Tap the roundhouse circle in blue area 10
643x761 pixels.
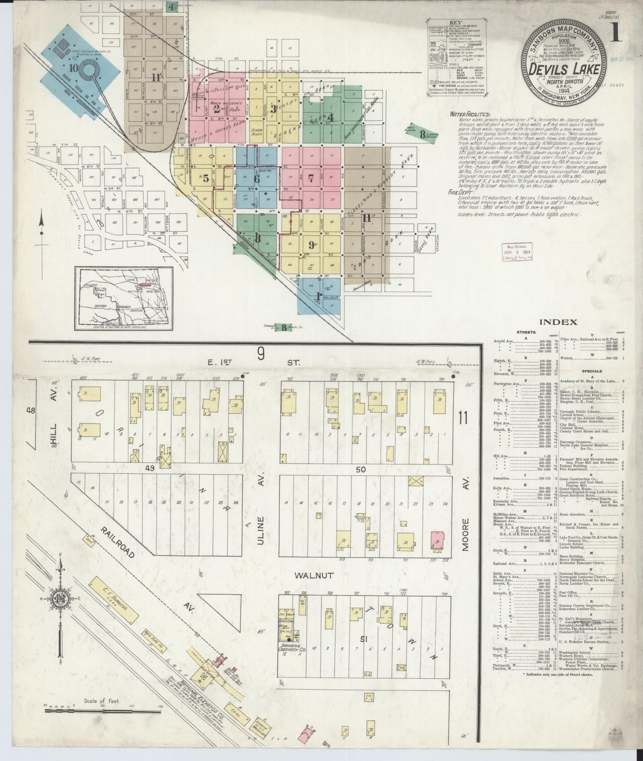[x=93, y=72]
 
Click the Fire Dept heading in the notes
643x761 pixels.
[x=461, y=193]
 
